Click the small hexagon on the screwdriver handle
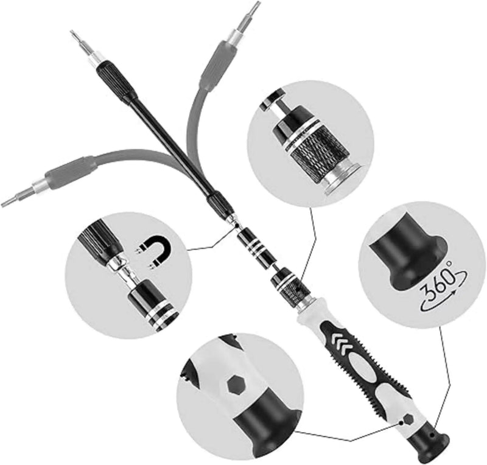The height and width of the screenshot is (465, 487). (408, 420)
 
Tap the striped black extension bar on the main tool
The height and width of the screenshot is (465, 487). (256, 248)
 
